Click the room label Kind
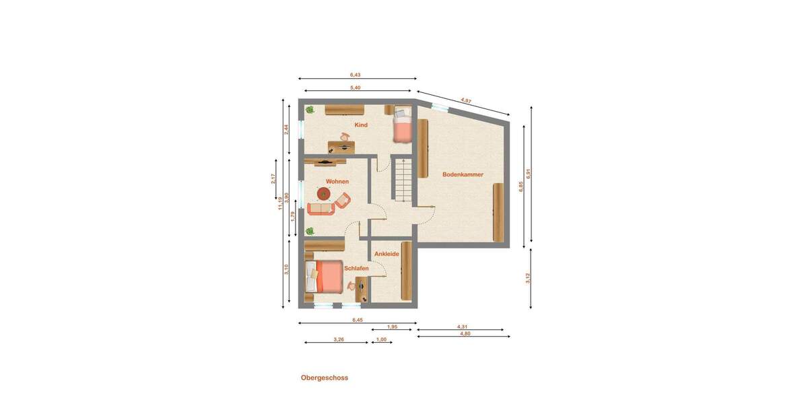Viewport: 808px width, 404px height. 361,125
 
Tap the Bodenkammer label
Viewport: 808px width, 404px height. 463,174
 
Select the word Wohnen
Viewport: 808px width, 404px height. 337,182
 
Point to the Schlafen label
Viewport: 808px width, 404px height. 357,268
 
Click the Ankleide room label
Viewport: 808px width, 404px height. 386,254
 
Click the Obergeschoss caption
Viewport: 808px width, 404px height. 325,378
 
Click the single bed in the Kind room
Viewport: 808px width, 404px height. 402,125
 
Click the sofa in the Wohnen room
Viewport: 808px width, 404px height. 321,209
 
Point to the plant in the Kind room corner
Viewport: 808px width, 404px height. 310,109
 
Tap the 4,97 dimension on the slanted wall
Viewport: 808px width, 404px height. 466,100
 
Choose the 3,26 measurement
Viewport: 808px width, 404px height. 339,339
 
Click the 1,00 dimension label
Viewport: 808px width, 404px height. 381,339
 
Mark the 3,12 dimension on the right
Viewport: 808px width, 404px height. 529,277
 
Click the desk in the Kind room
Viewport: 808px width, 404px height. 343,144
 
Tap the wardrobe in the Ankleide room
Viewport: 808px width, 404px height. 406,271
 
